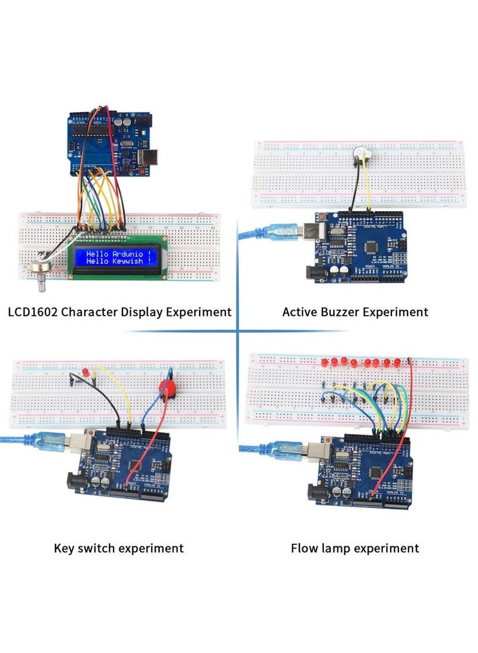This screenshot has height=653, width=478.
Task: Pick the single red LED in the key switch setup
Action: click(x=85, y=373)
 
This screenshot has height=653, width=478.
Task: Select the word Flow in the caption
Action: click(x=305, y=548)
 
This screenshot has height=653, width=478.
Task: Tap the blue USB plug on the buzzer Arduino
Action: click(x=279, y=233)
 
